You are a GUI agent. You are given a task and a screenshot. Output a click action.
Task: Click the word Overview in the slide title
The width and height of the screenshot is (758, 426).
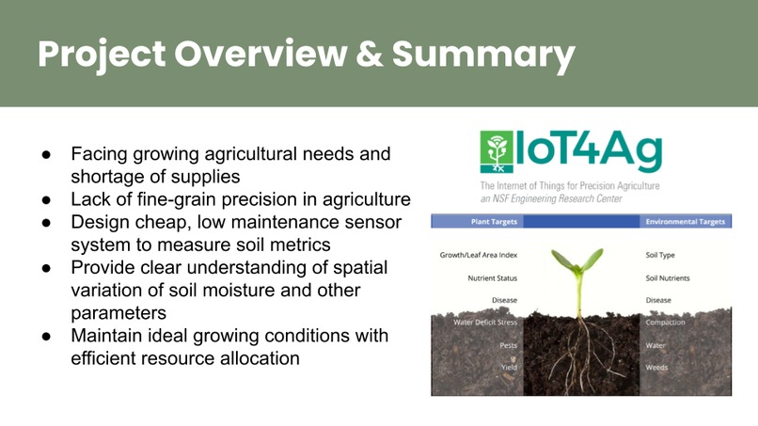pyautogui.click(x=260, y=55)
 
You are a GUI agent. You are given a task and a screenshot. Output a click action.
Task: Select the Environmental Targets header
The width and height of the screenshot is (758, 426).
pyautogui.click(x=686, y=223)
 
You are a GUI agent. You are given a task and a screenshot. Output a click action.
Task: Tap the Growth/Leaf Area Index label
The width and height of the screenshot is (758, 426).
pyautogui.click(x=478, y=255)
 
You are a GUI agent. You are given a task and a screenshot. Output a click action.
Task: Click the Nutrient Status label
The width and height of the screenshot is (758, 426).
pyautogui.click(x=492, y=278)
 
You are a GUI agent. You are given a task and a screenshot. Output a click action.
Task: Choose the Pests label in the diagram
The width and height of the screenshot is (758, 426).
pyautogui.click(x=508, y=345)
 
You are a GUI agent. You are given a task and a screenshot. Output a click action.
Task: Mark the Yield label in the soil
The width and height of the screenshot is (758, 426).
pyautogui.click(x=508, y=368)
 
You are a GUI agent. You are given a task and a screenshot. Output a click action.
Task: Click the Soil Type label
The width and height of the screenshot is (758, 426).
pyautogui.click(x=660, y=255)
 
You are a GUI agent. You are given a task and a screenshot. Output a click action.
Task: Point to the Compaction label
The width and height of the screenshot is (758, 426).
pyautogui.click(x=665, y=323)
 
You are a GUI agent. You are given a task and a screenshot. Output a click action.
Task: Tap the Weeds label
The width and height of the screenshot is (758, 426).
pyautogui.click(x=657, y=368)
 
